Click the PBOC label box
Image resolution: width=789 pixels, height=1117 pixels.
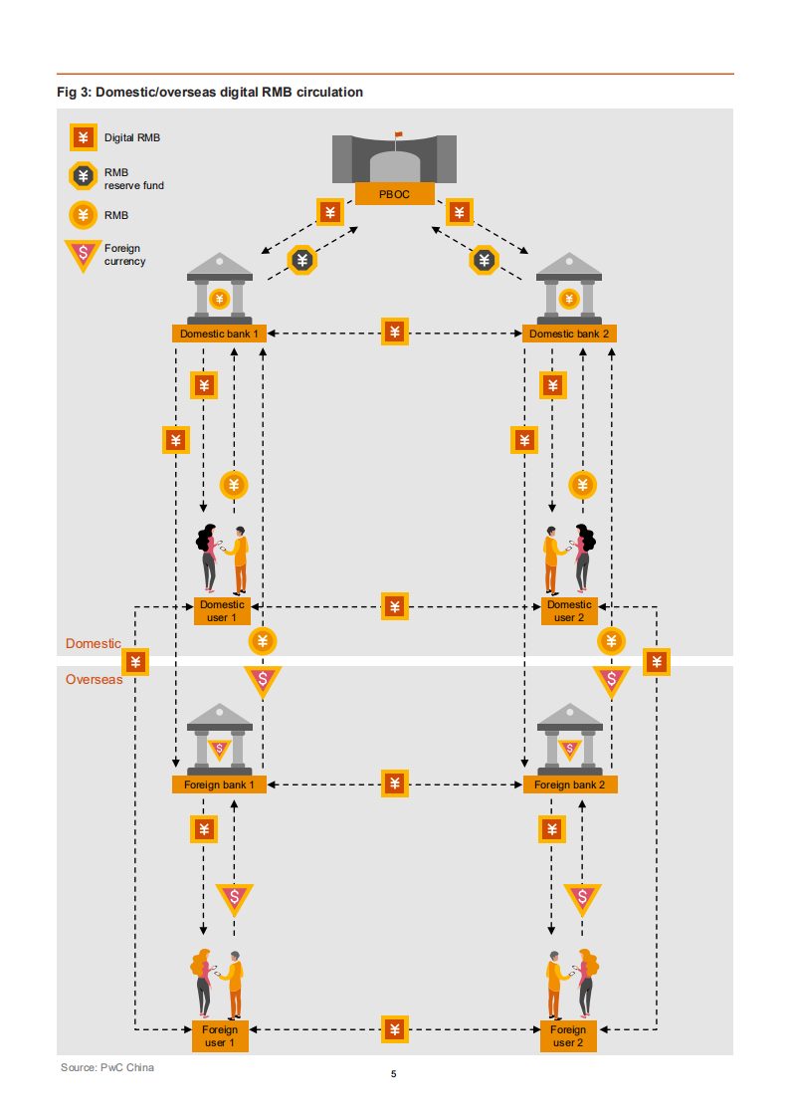coord(394,194)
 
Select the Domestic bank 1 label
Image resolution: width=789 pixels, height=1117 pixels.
coord(219,334)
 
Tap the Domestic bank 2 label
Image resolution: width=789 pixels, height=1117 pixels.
coord(569,334)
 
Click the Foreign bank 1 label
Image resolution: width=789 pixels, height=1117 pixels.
coord(219,784)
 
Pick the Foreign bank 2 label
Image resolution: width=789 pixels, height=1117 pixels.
coord(569,784)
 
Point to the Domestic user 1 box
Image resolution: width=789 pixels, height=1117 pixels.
coord(221,610)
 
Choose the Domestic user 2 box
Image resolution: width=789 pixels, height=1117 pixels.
coord(569,610)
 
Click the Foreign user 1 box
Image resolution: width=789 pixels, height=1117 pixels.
coord(220,1035)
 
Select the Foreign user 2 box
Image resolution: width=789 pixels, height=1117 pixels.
coord(568,1035)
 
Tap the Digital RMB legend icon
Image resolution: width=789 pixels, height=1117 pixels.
coord(83,138)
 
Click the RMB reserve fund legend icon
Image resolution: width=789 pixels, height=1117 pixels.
coord(83,177)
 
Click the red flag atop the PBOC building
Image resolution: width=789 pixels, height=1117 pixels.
coord(399,134)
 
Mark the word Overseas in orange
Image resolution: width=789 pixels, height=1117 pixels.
coord(94,679)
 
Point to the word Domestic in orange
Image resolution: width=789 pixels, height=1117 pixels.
coord(93,643)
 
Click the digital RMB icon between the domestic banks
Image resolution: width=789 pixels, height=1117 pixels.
coord(395,333)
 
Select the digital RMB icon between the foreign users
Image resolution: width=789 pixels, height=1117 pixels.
coord(395,1028)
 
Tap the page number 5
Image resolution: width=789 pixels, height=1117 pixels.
coord(394,1074)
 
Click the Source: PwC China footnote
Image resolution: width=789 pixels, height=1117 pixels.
coord(107,1067)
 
